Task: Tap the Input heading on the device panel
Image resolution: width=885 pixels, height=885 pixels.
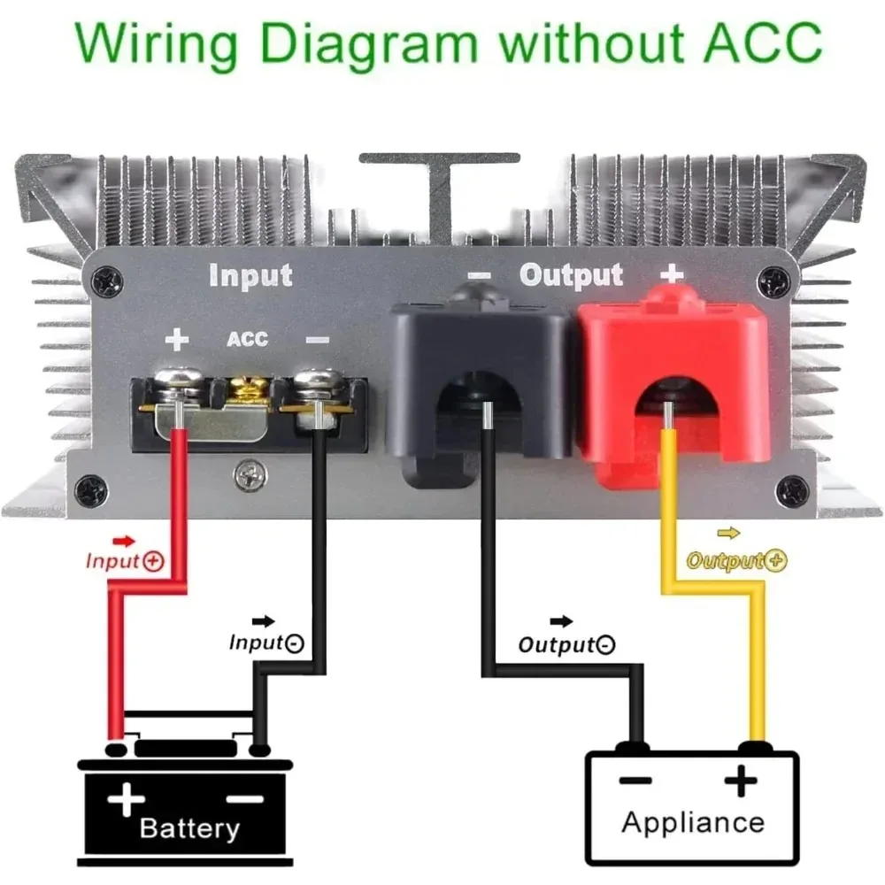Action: (250, 275)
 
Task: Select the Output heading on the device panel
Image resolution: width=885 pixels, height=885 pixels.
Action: (571, 275)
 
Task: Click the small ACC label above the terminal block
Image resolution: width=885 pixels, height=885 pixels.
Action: (247, 340)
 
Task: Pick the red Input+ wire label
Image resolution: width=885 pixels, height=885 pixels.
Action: (125, 561)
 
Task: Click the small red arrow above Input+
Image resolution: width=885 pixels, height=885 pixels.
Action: (125, 540)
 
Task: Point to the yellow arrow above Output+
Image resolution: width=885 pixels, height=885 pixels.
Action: (729, 533)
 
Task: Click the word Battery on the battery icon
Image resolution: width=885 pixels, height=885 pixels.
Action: (189, 828)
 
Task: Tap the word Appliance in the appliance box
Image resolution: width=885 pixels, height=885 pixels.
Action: (693, 821)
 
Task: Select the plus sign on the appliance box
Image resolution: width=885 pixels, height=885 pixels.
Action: (742, 781)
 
